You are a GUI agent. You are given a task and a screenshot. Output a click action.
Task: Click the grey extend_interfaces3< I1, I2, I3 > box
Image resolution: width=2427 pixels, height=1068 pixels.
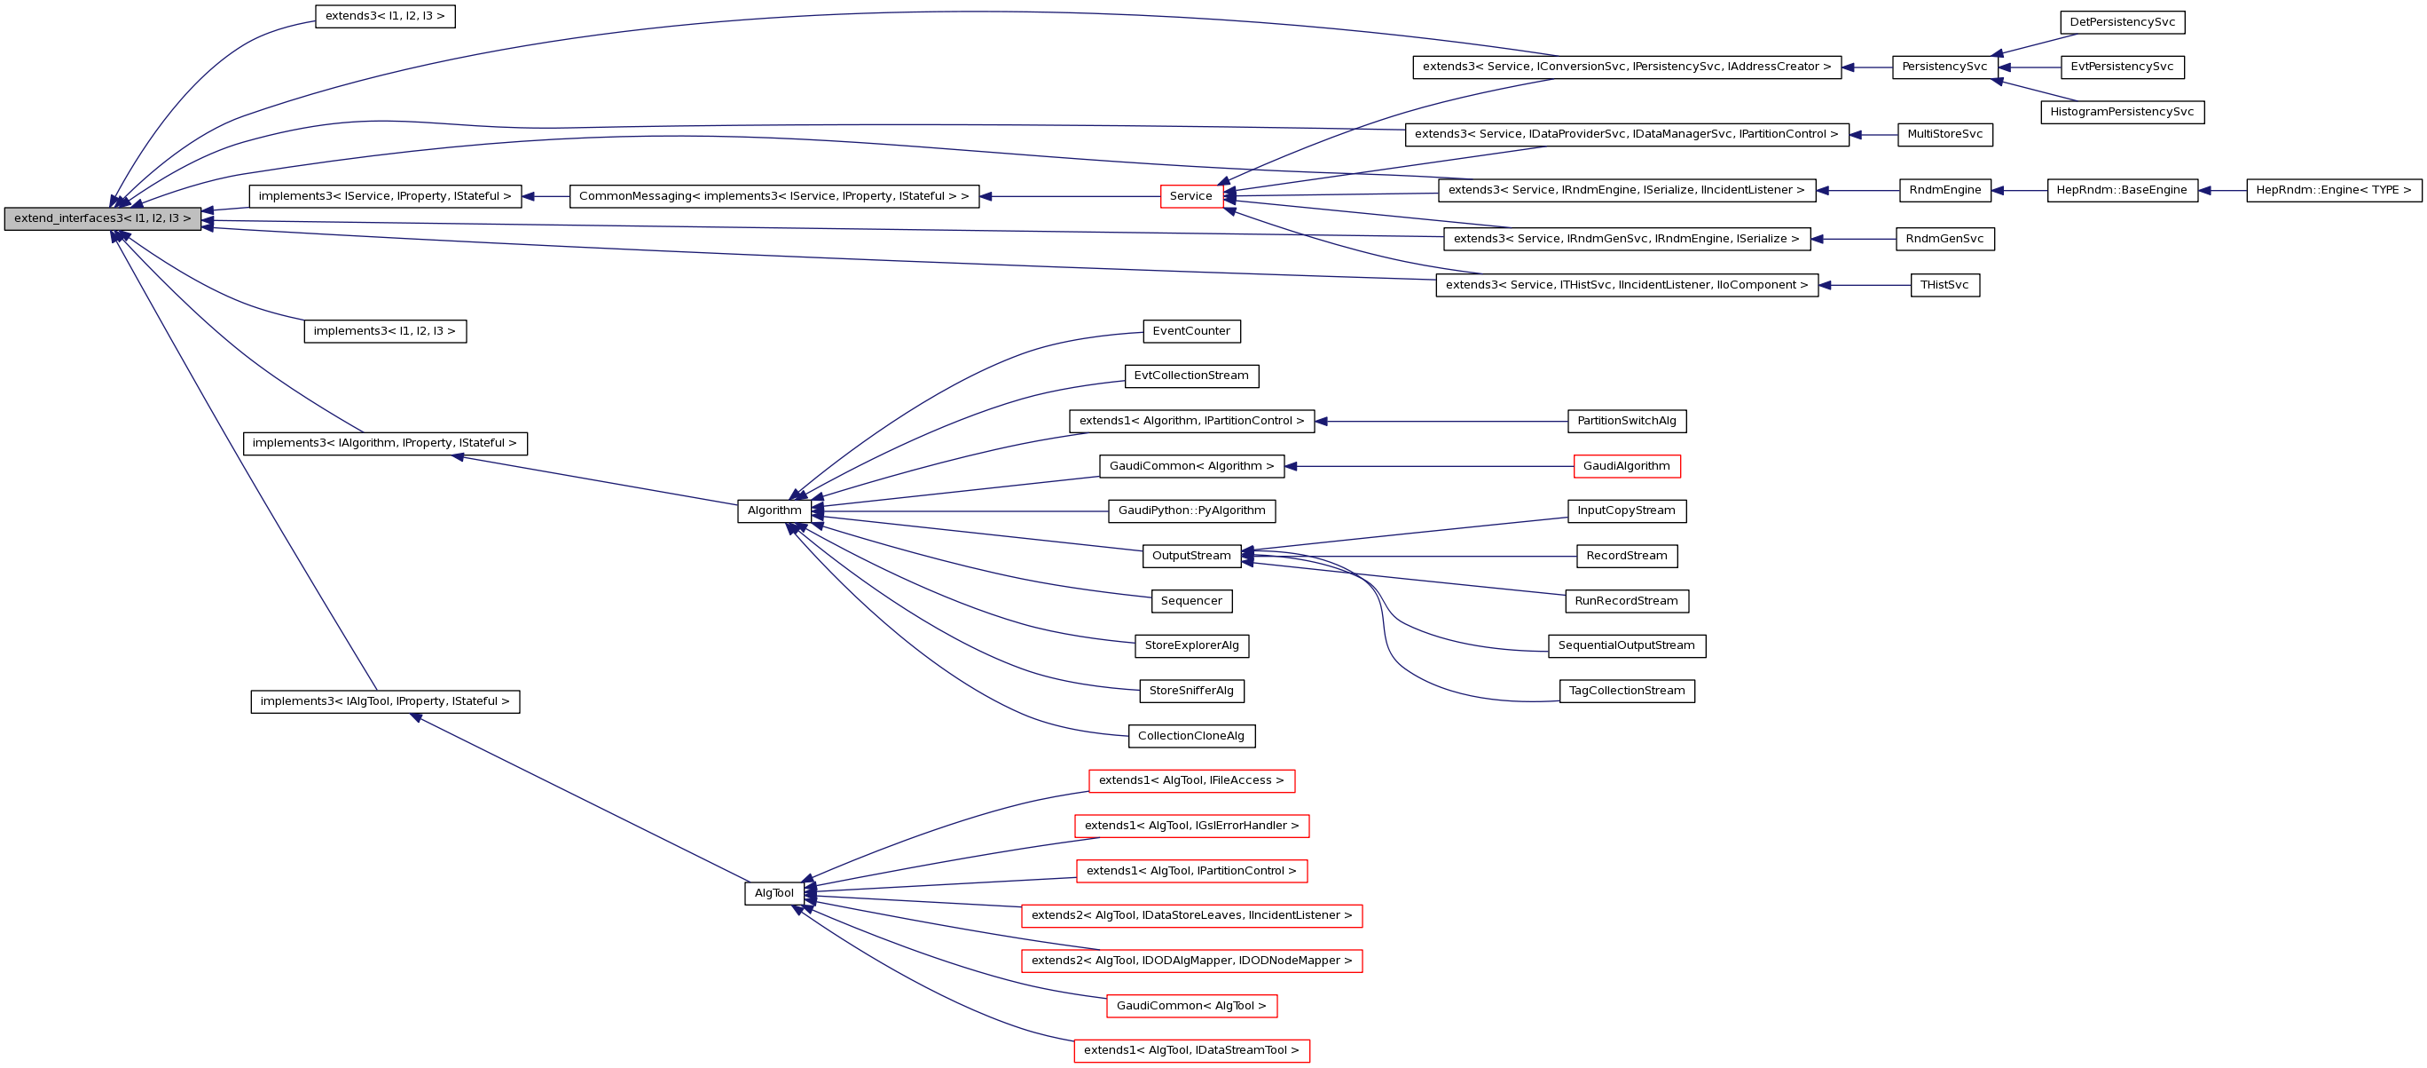coord(102,218)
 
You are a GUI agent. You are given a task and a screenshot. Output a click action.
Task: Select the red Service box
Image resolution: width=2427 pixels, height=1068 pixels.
coord(1191,196)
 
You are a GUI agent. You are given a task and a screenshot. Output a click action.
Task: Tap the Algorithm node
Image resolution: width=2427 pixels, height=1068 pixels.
coord(774,510)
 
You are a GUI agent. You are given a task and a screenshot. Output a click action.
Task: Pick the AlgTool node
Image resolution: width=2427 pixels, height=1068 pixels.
coord(774,894)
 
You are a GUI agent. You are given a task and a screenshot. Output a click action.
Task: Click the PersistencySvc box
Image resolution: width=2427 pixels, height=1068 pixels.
coord(1944,67)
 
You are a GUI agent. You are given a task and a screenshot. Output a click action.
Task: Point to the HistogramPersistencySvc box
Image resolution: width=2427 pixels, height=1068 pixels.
coord(2122,112)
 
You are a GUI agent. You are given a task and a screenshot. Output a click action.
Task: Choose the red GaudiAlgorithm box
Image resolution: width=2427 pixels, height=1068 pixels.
coord(1626,467)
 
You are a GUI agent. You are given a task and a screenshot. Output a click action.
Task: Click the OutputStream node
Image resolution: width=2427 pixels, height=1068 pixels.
coord(1191,556)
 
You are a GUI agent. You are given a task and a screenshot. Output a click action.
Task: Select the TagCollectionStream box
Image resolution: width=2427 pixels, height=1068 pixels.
coord(1626,691)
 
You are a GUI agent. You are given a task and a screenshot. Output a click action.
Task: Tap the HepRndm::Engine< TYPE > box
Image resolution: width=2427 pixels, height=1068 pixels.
coord(2334,190)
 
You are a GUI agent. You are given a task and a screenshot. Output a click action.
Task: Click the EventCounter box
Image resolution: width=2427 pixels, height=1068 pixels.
coord(1191,332)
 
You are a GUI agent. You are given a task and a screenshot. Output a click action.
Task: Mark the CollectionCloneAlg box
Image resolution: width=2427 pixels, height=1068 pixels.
coord(1191,736)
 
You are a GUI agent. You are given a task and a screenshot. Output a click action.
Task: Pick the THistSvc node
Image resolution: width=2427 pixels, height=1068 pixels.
coord(1944,286)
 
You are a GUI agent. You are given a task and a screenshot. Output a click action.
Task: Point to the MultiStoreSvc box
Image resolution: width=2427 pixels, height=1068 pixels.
coord(1944,135)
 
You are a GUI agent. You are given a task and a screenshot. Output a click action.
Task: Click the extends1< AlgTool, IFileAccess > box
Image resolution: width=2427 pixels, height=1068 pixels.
coord(1191,780)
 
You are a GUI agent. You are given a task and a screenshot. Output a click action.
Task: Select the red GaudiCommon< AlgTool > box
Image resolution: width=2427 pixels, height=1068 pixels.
coord(1191,1006)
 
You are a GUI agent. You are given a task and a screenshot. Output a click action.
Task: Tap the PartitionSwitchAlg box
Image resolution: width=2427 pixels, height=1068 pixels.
coord(1626,422)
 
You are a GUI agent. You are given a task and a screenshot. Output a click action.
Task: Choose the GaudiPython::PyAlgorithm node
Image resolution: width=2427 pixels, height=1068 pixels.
coord(1191,510)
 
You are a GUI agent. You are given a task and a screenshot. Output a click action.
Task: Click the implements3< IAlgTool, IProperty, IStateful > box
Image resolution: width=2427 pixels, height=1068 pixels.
coord(384,701)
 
